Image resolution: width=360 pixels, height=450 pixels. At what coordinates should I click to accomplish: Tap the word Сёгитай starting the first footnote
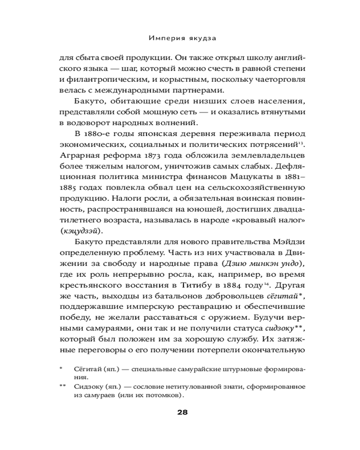click(86, 369)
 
